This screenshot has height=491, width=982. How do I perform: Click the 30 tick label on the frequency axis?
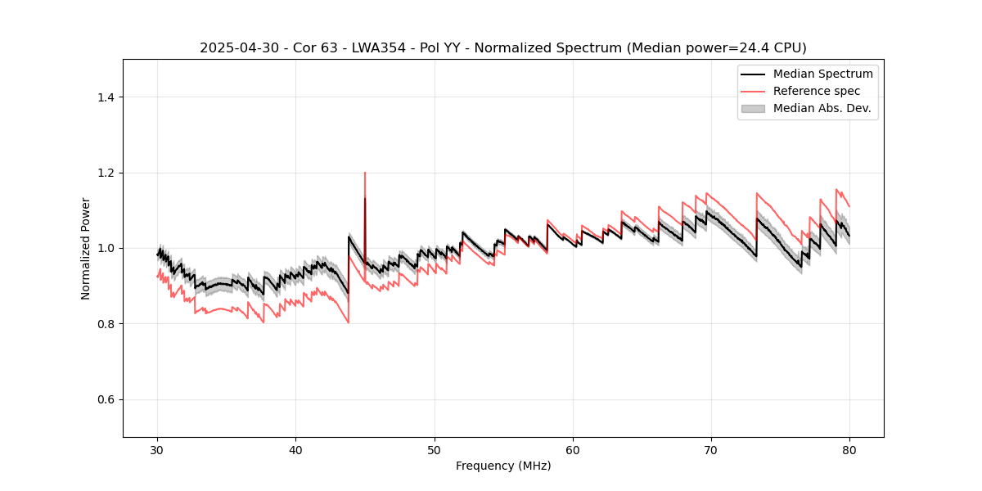point(157,449)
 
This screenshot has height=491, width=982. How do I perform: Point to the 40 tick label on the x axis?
point(295,449)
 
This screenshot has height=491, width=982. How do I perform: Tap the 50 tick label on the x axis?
point(435,449)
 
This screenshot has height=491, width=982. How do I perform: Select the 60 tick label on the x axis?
point(573,449)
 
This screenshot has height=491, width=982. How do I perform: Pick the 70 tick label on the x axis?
point(711,449)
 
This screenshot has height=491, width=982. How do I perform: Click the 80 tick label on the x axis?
point(849,449)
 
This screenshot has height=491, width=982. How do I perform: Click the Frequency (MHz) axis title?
point(503,466)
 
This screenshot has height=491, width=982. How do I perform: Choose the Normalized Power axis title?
point(86,248)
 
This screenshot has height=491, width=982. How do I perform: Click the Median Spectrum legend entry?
point(822,74)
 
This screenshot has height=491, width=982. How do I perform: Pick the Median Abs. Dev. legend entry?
point(822,108)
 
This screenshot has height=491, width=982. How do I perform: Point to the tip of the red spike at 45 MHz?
point(365,173)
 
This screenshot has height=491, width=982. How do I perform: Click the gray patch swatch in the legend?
point(753,108)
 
